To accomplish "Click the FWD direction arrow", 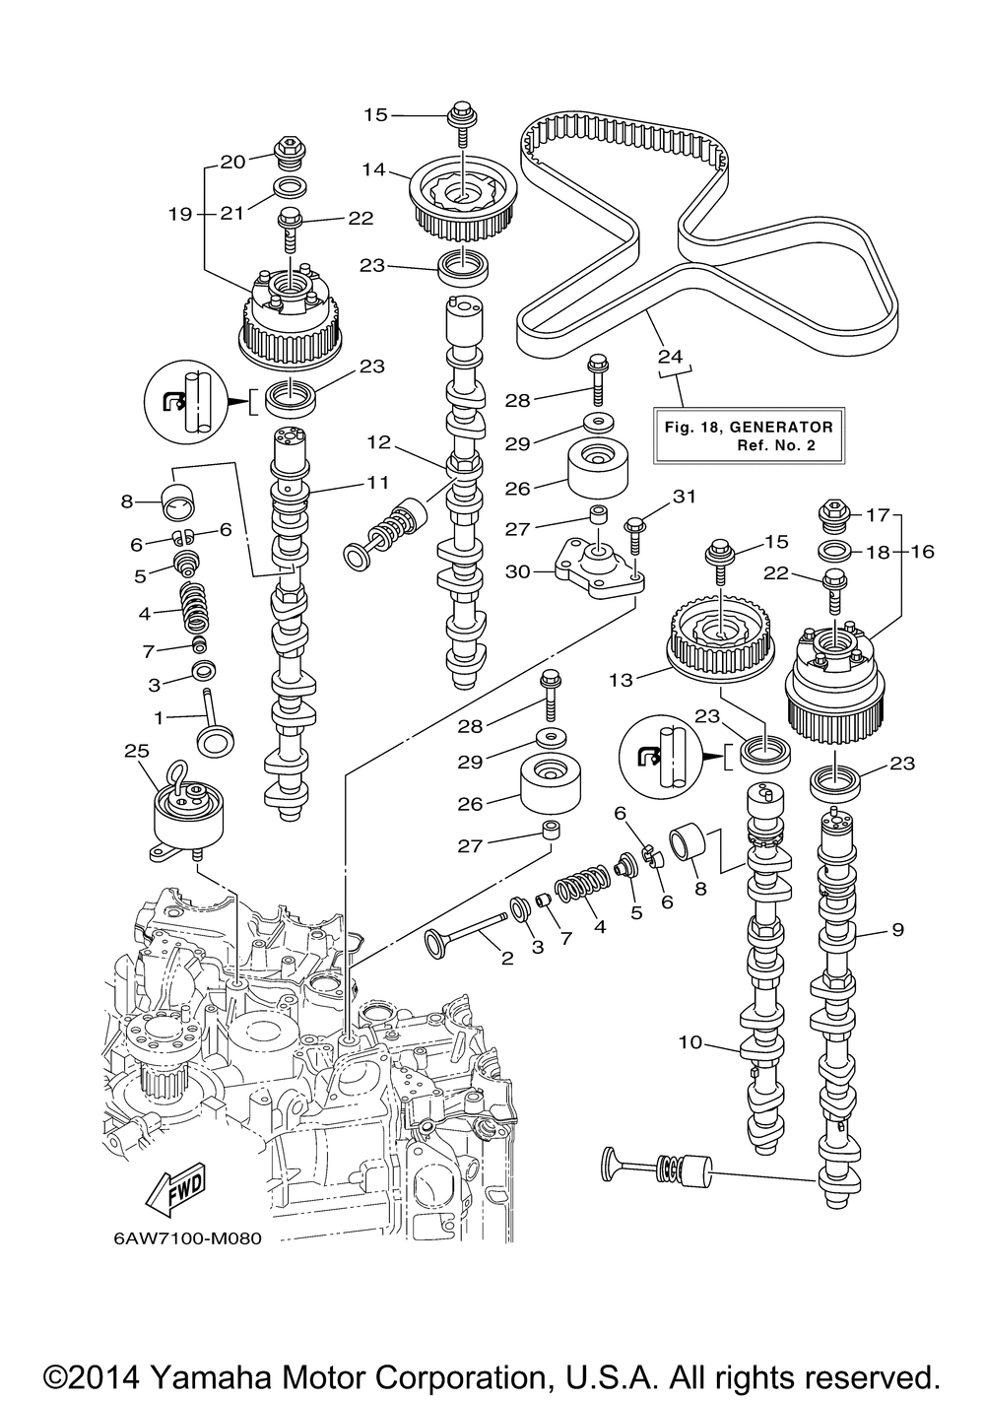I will [173, 1195].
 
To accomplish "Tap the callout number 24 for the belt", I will [671, 356].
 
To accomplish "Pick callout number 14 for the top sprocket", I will [373, 168].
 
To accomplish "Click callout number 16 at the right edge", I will [922, 552].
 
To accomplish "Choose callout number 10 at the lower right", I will [689, 1041].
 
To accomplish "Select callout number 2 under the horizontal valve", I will [506, 958].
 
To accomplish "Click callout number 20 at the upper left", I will [232, 163].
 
